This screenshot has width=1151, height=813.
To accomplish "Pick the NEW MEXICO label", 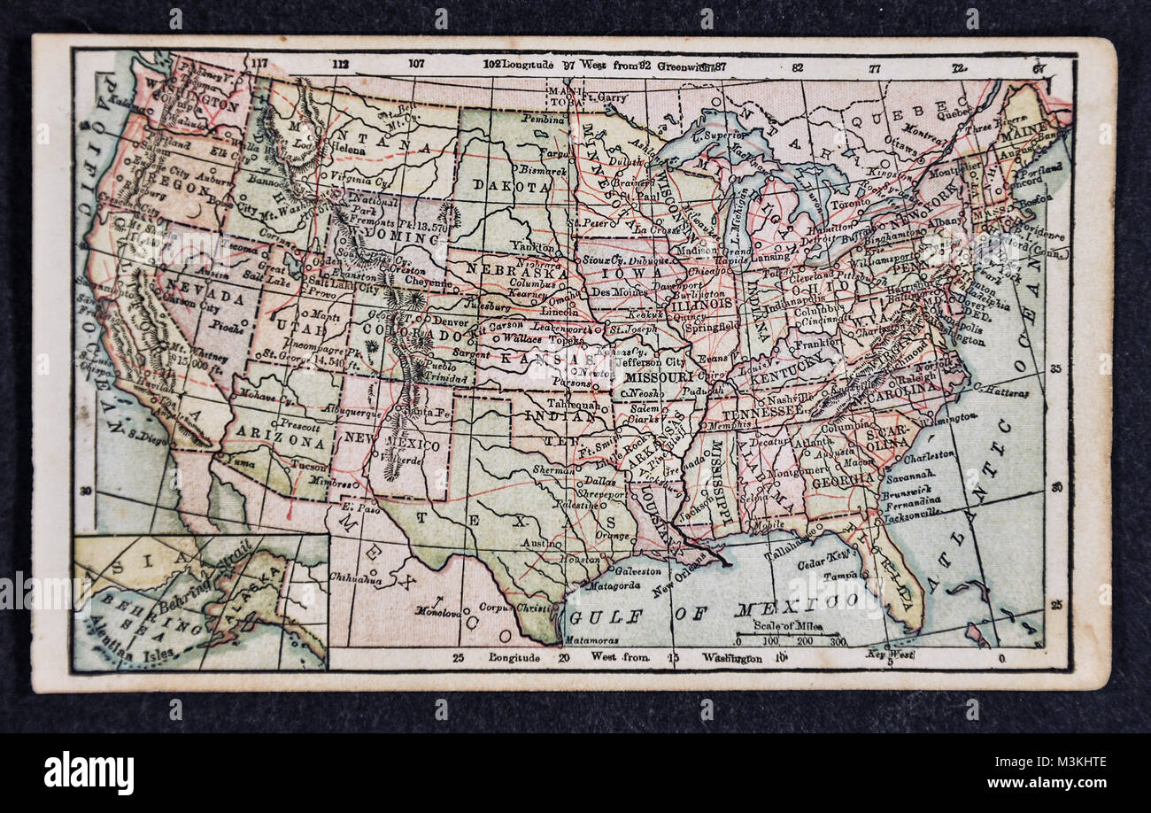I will pos(392,440).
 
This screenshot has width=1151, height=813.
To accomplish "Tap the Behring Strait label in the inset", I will pos(207,577).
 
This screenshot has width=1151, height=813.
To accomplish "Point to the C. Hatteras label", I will pos(1001,391).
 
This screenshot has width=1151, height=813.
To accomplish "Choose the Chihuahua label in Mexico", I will pos(355,580).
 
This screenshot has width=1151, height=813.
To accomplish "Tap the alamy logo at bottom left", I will pos(89,772).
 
